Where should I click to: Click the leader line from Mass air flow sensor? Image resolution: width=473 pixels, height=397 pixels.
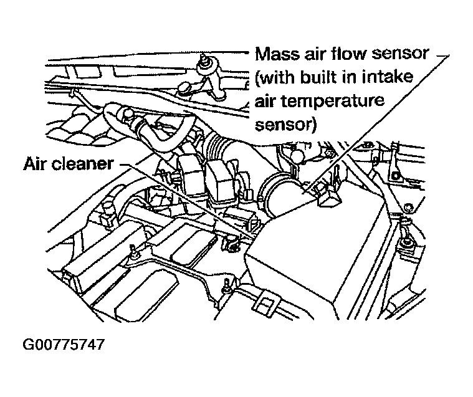coord(374,125)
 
